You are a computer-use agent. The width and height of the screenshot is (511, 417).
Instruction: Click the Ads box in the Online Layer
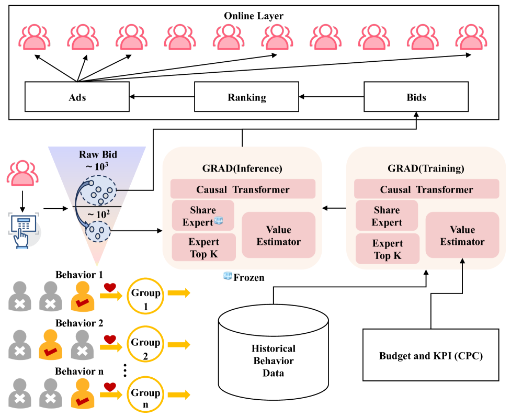pos(77,97)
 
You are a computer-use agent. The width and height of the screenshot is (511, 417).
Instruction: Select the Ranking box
pos(247,97)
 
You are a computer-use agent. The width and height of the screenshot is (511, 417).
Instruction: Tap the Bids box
pos(416,97)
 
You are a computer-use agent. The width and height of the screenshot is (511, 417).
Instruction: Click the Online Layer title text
pos(254,16)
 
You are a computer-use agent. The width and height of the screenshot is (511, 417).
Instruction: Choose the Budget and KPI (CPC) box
pos(430,356)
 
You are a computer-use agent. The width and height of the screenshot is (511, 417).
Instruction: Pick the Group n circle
pos(146,398)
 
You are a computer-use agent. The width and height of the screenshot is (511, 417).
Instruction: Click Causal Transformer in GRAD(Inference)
pos(243,189)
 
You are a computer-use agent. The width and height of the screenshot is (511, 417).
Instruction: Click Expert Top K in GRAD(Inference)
pos(204,248)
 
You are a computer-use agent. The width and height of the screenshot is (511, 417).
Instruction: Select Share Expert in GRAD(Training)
pos(387,216)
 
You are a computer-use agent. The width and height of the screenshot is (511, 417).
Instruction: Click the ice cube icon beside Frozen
pos(228,276)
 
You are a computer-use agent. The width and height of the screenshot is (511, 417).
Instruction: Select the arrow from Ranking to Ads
pos(162,97)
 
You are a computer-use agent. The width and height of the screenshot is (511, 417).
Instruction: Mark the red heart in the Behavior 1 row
pos(109,287)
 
